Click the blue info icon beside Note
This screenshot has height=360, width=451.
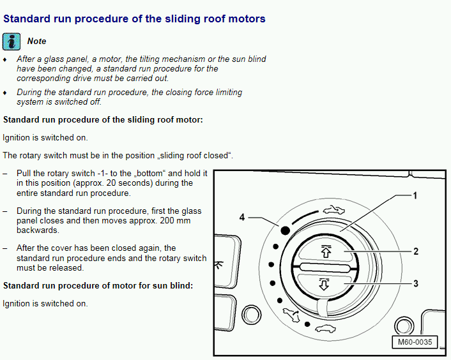pos(11,41)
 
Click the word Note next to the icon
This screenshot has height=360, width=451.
pos(36,41)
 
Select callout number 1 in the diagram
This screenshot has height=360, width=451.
pos(415,196)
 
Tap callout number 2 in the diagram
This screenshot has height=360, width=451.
pos(416,251)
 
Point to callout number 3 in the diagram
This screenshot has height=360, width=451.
pos(416,283)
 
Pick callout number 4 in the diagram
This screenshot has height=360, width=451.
pos(242,217)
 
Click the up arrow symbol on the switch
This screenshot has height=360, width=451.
pos(326,251)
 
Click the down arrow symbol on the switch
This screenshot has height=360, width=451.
pos(324,284)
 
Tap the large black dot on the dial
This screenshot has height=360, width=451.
pos(285,230)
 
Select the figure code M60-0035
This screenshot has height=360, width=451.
pos(415,342)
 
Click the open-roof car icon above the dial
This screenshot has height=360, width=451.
pos(333,210)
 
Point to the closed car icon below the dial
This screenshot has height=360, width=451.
pos(325,329)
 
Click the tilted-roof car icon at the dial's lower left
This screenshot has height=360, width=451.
pos(291,315)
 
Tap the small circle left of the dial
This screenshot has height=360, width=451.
pos(252,315)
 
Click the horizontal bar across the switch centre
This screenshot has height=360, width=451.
pos(325,268)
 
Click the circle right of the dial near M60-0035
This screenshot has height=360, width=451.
pos(404,326)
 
